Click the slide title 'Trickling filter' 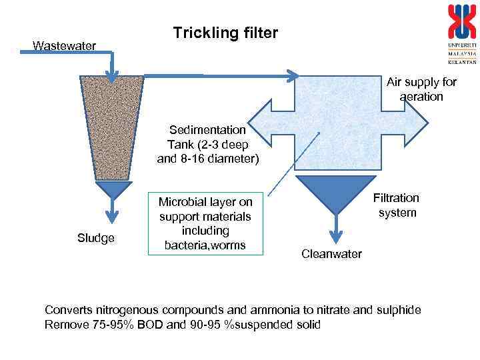(x=225, y=33)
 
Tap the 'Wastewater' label (x=65, y=45)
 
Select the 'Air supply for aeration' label (x=421, y=89)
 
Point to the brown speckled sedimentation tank (x=111, y=127)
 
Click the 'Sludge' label (x=96, y=238)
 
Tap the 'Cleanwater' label (x=331, y=254)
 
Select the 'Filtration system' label (x=397, y=205)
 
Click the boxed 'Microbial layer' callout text (x=205, y=223)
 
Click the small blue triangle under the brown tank (x=113, y=191)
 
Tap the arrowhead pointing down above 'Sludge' (x=113, y=216)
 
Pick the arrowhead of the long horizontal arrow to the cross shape (x=292, y=76)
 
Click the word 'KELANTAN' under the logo (x=462, y=61)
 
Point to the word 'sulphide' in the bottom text (x=401, y=311)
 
